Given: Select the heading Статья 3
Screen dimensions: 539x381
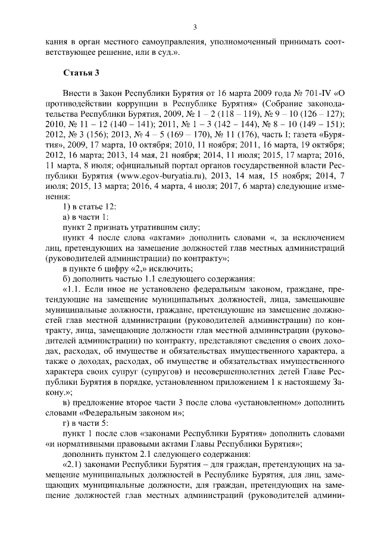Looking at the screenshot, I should click(x=81, y=73).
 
